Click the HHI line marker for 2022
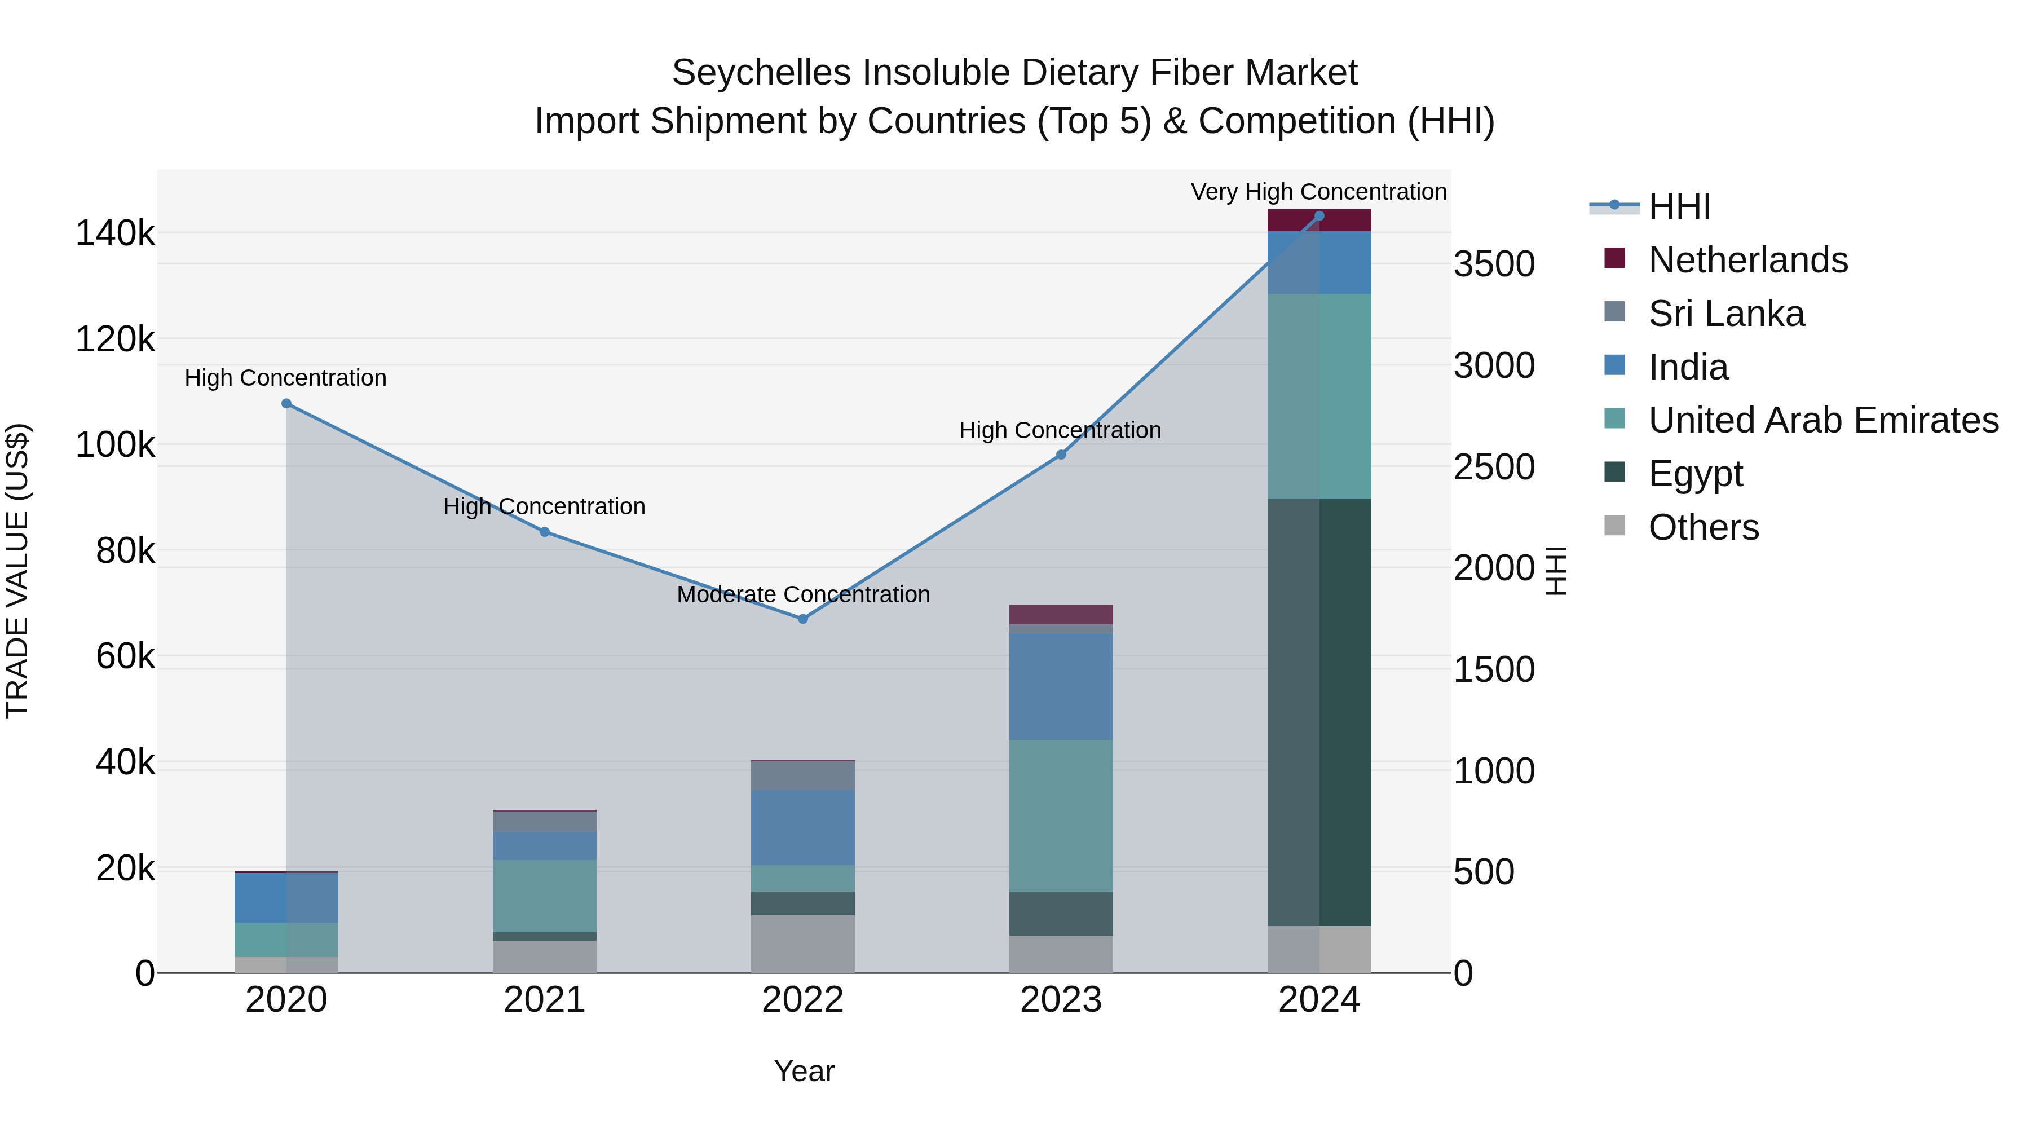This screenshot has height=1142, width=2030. click(x=802, y=619)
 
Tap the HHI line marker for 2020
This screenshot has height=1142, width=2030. click(x=286, y=404)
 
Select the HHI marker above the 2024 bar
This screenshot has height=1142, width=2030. click(x=1319, y=216)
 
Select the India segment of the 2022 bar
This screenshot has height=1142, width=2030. click(x=802, y=827)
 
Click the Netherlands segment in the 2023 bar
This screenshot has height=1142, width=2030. click(x=1061, y=614)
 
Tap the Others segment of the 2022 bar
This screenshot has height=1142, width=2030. click(x=802, y=943)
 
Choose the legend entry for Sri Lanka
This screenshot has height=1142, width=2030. click(x=1726, y=314)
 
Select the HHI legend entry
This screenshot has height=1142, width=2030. click(x=1679, y=206)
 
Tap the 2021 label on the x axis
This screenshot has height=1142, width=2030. click(x=544, y=1000)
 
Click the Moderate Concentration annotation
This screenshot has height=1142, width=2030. click(x=802, y=594)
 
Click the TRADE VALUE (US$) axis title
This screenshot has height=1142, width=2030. click(x=17, y=571)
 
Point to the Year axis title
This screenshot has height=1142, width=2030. click(x=803, y=1071)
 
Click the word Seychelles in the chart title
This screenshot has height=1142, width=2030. click(x=761, y=73)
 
